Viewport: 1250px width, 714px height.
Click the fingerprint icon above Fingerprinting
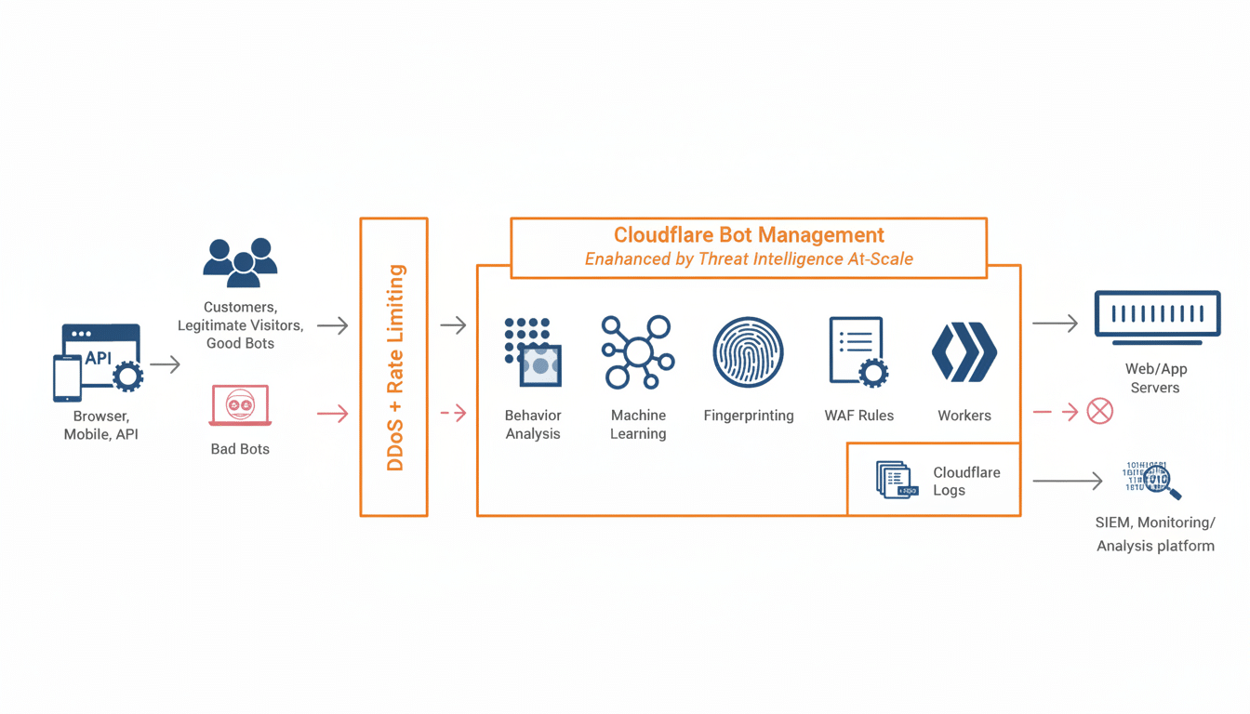(748, 352)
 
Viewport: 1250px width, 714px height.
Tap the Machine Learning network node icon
(637, 352)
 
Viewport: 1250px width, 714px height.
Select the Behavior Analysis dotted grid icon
(533, 352)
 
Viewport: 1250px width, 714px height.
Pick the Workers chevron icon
(964, 352)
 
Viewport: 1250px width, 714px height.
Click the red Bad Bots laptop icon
(240, 406)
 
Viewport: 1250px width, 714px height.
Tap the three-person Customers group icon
(240, 262)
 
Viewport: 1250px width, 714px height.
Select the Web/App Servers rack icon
(1157, 316)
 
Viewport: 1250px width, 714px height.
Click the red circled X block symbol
(1099, 411)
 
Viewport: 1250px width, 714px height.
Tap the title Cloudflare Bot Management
(749, 235)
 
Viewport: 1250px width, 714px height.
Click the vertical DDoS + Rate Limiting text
(395, 367)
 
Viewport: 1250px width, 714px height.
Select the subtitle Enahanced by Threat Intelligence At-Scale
(749, 259)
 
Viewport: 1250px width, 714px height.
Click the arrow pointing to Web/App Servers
(1055, 324)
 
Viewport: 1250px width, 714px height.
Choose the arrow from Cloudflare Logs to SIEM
(1067, 481)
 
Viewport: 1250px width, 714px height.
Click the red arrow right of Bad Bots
(332, 413)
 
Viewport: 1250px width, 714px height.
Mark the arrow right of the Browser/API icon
(165, 364)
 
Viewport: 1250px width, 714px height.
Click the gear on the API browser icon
(127, 377)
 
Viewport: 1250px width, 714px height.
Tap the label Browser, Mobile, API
(100, 425)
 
